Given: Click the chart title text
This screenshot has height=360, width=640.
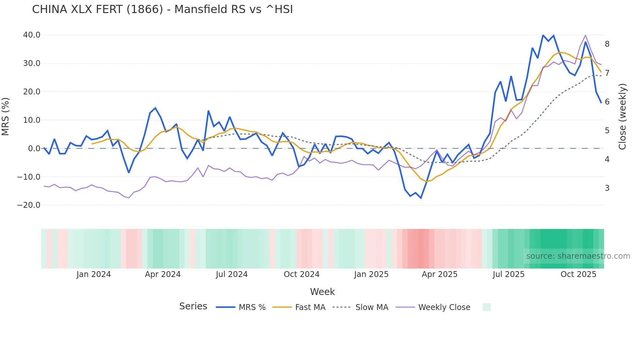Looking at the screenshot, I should pos(162,9).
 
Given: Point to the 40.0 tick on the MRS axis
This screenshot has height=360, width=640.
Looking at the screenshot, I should pos(32,35).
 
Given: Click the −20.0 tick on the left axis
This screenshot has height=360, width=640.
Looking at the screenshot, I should pos(29,205).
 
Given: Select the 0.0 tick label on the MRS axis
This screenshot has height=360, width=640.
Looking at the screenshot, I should pos(34,149).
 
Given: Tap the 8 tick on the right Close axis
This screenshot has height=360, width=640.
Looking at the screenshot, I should pos(607,44).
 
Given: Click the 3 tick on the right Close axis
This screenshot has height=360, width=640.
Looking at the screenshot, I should pos(607,188).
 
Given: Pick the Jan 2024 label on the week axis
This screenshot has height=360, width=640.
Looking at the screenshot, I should pos(94,274).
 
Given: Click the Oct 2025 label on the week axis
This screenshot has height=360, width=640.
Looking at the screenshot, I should pos(578,274).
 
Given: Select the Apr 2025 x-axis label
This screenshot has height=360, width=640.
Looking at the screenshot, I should pos(440,274).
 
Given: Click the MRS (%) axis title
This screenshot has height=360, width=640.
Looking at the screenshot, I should pos(6,117).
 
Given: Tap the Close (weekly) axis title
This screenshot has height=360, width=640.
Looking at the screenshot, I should pos(622,117).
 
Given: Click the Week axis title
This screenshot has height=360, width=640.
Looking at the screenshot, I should pos(322,292).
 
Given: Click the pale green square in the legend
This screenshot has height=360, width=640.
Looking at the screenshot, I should pos(487,307).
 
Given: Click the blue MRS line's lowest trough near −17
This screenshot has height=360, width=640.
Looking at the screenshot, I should pos(421,198).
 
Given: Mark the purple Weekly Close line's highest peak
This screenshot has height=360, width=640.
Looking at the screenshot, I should pos(585,35).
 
